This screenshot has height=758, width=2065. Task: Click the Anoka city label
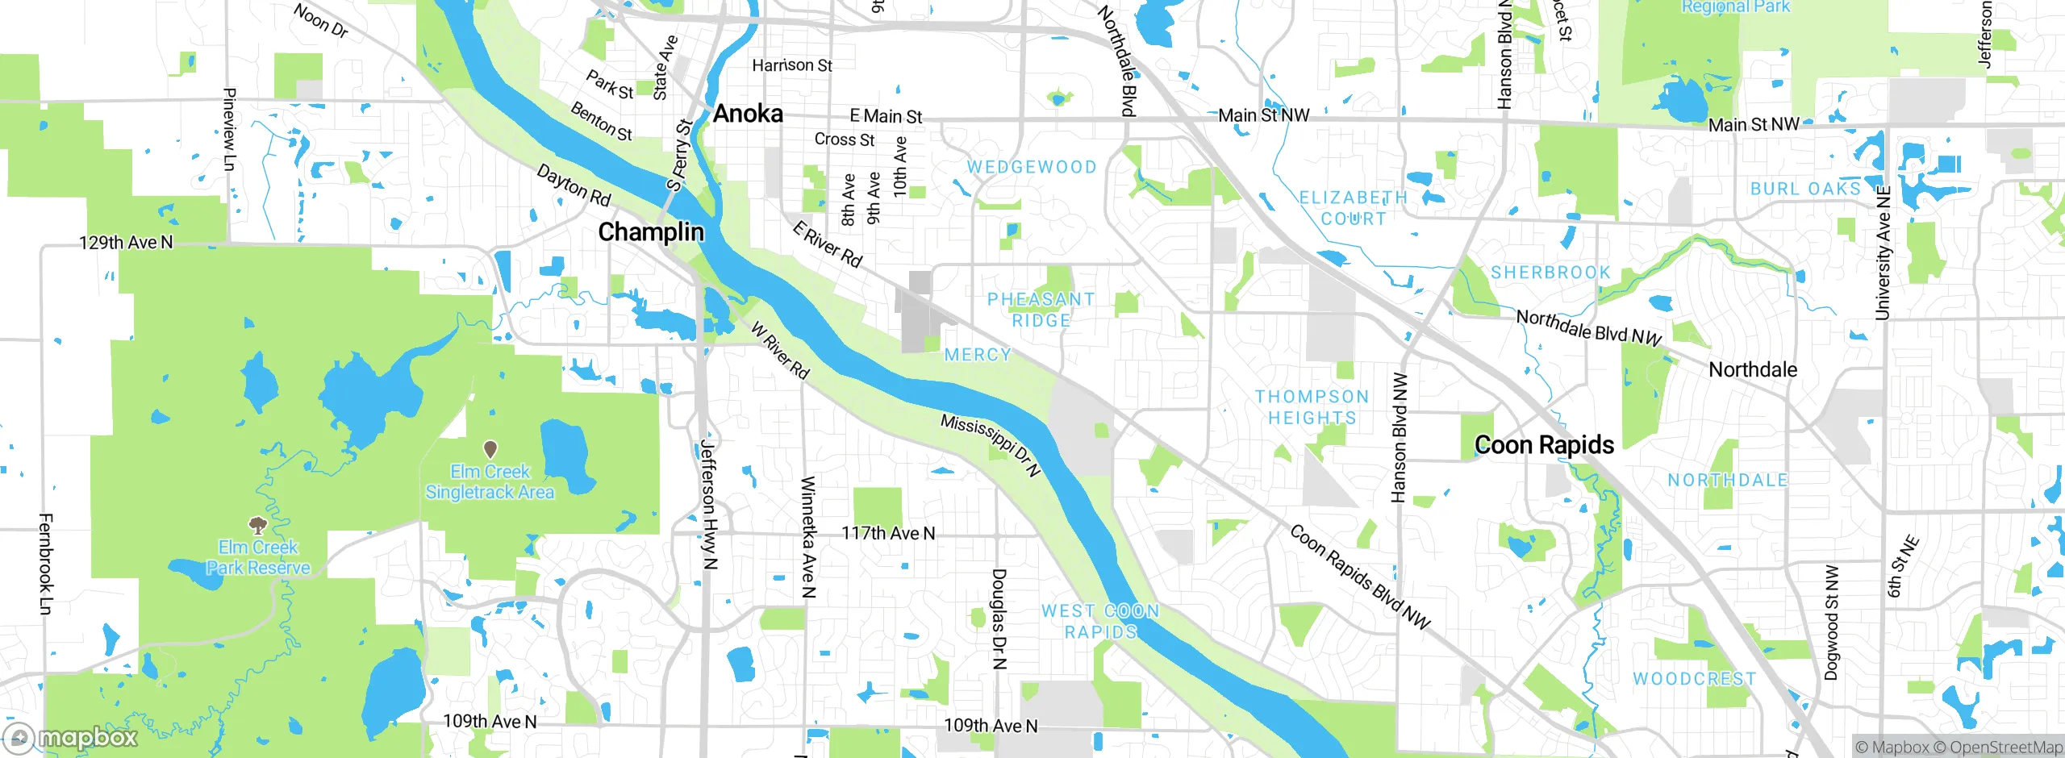pos(748,114)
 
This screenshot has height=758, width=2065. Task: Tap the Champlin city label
pos(650,232)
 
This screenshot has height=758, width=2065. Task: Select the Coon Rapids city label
pos(1543,445)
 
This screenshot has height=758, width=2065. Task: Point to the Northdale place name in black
pos(1752,370)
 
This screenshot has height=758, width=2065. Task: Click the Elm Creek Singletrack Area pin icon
pos(490,448)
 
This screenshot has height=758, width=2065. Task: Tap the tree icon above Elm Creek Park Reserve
pos(257,527)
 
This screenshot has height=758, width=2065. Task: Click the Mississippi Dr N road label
pos(991,445)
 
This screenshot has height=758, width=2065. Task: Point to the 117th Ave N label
pos(888,533)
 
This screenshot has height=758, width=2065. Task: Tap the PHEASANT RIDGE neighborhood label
pos(1041,310)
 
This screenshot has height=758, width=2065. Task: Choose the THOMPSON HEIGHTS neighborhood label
pos(1312,407)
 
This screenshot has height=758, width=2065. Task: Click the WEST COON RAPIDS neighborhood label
pos(1100,622)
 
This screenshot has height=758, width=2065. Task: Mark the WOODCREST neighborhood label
pos(1694,679)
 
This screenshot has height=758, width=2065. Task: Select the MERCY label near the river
pos(977,355)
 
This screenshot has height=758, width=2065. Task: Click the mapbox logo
pos(71,737)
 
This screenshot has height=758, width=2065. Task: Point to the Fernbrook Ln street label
pos(45,564)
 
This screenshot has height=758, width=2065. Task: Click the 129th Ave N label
pos(126,243)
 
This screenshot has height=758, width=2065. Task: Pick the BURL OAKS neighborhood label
pos(1805,189)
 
